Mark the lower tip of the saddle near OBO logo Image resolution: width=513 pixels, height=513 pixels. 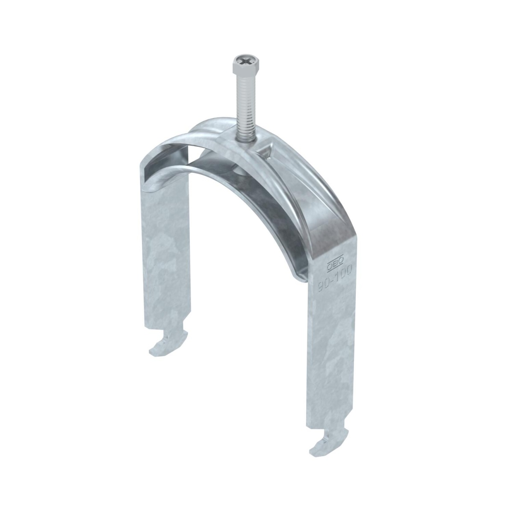coord(299,278)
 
